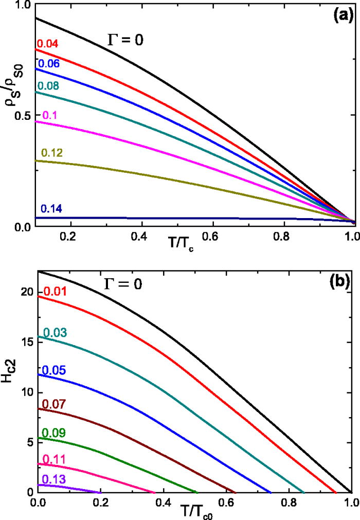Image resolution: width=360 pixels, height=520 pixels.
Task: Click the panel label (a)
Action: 340,15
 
